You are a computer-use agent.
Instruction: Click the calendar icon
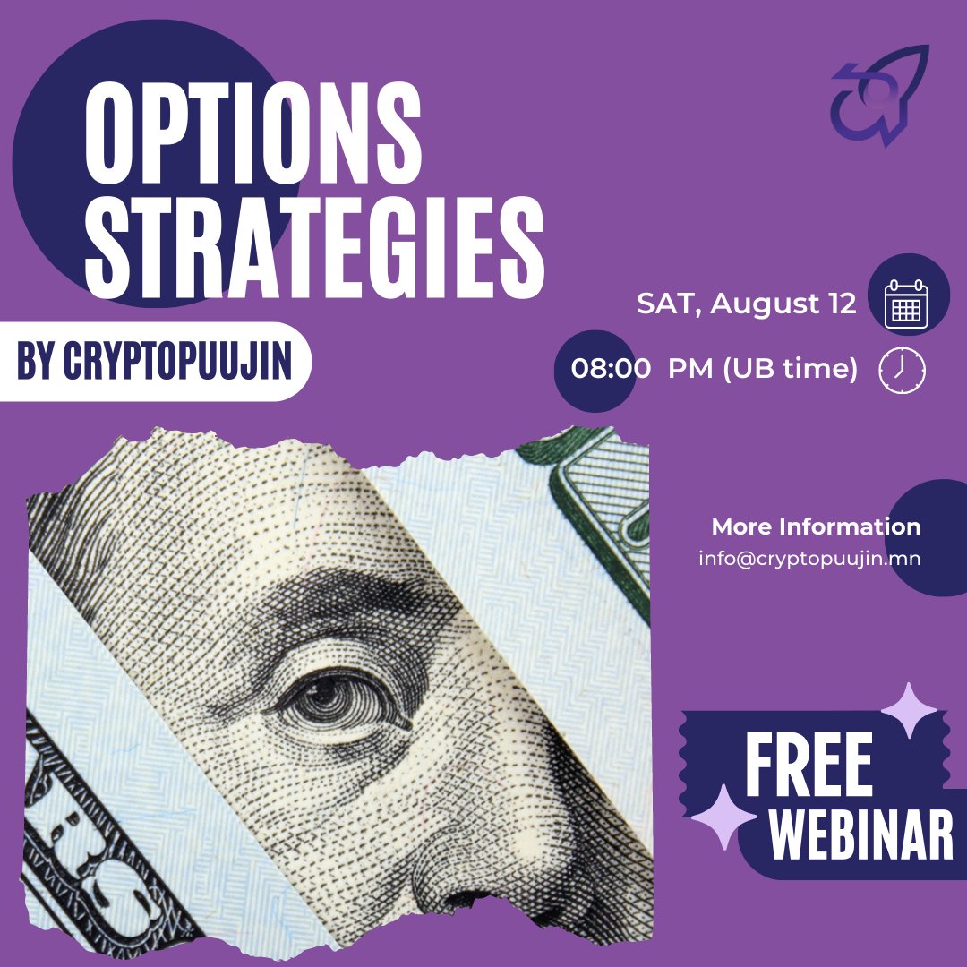pos(906,304)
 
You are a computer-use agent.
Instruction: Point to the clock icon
pos(903,370)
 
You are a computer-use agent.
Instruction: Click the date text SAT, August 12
pos(746,304)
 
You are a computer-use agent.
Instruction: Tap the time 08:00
pos(611,369)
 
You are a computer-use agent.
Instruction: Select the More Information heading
pos(816,526)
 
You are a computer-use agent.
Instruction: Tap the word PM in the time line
pos(690,369)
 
